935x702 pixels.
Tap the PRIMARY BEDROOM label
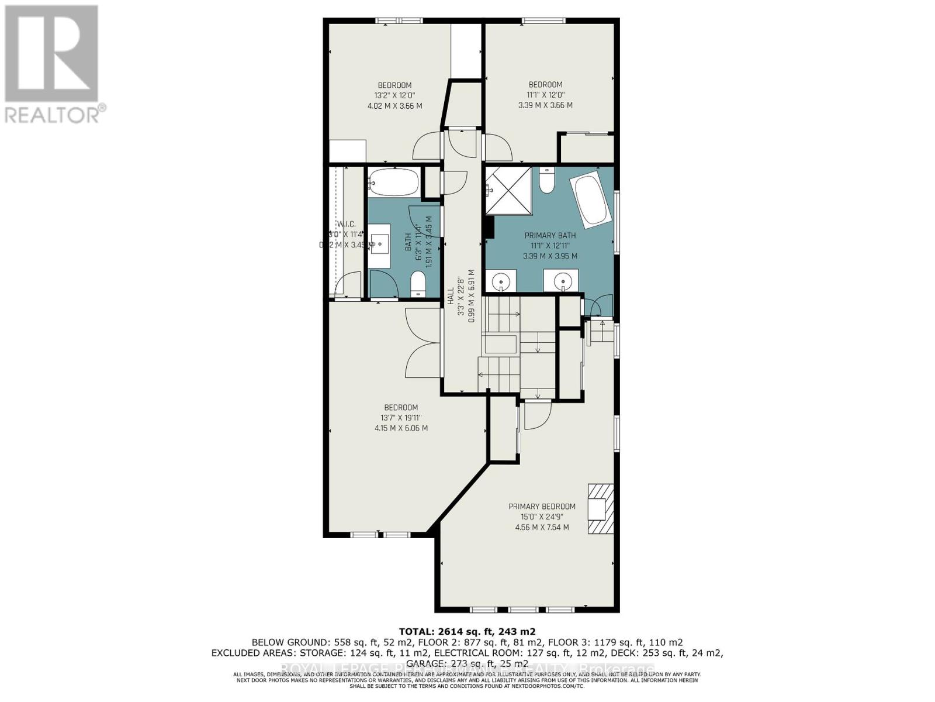542,507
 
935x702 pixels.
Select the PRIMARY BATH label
549,236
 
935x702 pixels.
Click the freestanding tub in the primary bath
593,200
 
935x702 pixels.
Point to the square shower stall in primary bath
508,191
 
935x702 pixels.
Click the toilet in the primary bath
547,181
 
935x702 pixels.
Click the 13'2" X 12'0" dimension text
394,95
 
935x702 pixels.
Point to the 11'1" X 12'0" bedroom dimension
545,95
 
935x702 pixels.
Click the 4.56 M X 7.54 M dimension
542,528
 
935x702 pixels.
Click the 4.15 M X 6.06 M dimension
401,428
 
